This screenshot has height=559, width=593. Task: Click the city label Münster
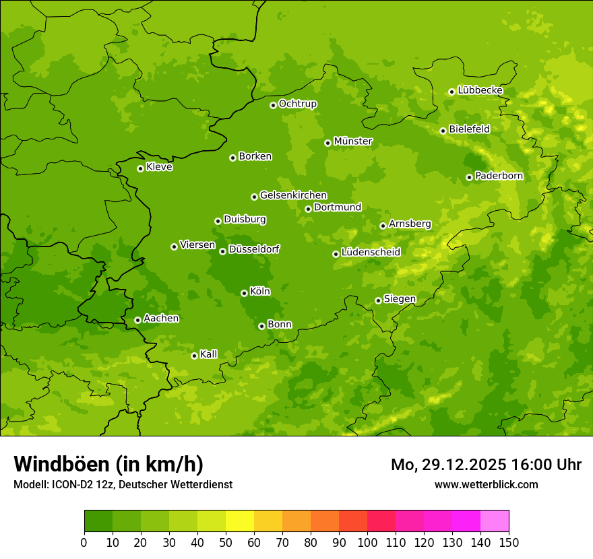point(353,141)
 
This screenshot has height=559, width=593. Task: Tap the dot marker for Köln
point(244,293)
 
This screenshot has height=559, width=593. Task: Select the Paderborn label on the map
point(499,176)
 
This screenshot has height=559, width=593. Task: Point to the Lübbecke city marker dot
point(451,92)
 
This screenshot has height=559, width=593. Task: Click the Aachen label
point(161,319)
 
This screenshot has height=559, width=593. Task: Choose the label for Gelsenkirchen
point(293,195)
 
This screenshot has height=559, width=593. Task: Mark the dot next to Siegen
point(378,300)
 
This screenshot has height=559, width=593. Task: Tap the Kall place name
point(209,354)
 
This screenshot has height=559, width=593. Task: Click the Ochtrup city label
point(298,104)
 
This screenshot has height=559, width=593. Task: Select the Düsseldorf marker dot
point(222,251)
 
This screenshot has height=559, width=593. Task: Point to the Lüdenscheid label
point(371,253)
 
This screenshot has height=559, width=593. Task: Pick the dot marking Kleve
point(140,168)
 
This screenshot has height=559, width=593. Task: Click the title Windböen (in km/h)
point(108,464)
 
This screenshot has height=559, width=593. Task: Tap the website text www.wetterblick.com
point(486,484)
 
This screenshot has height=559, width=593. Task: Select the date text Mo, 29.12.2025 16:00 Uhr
point(486,465)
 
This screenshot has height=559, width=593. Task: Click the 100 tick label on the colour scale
point(367,543)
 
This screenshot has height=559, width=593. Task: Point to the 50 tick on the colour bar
point(226,543)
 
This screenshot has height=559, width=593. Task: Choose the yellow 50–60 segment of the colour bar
point(240,521)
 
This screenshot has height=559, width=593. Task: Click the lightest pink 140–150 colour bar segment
point(495,521)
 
